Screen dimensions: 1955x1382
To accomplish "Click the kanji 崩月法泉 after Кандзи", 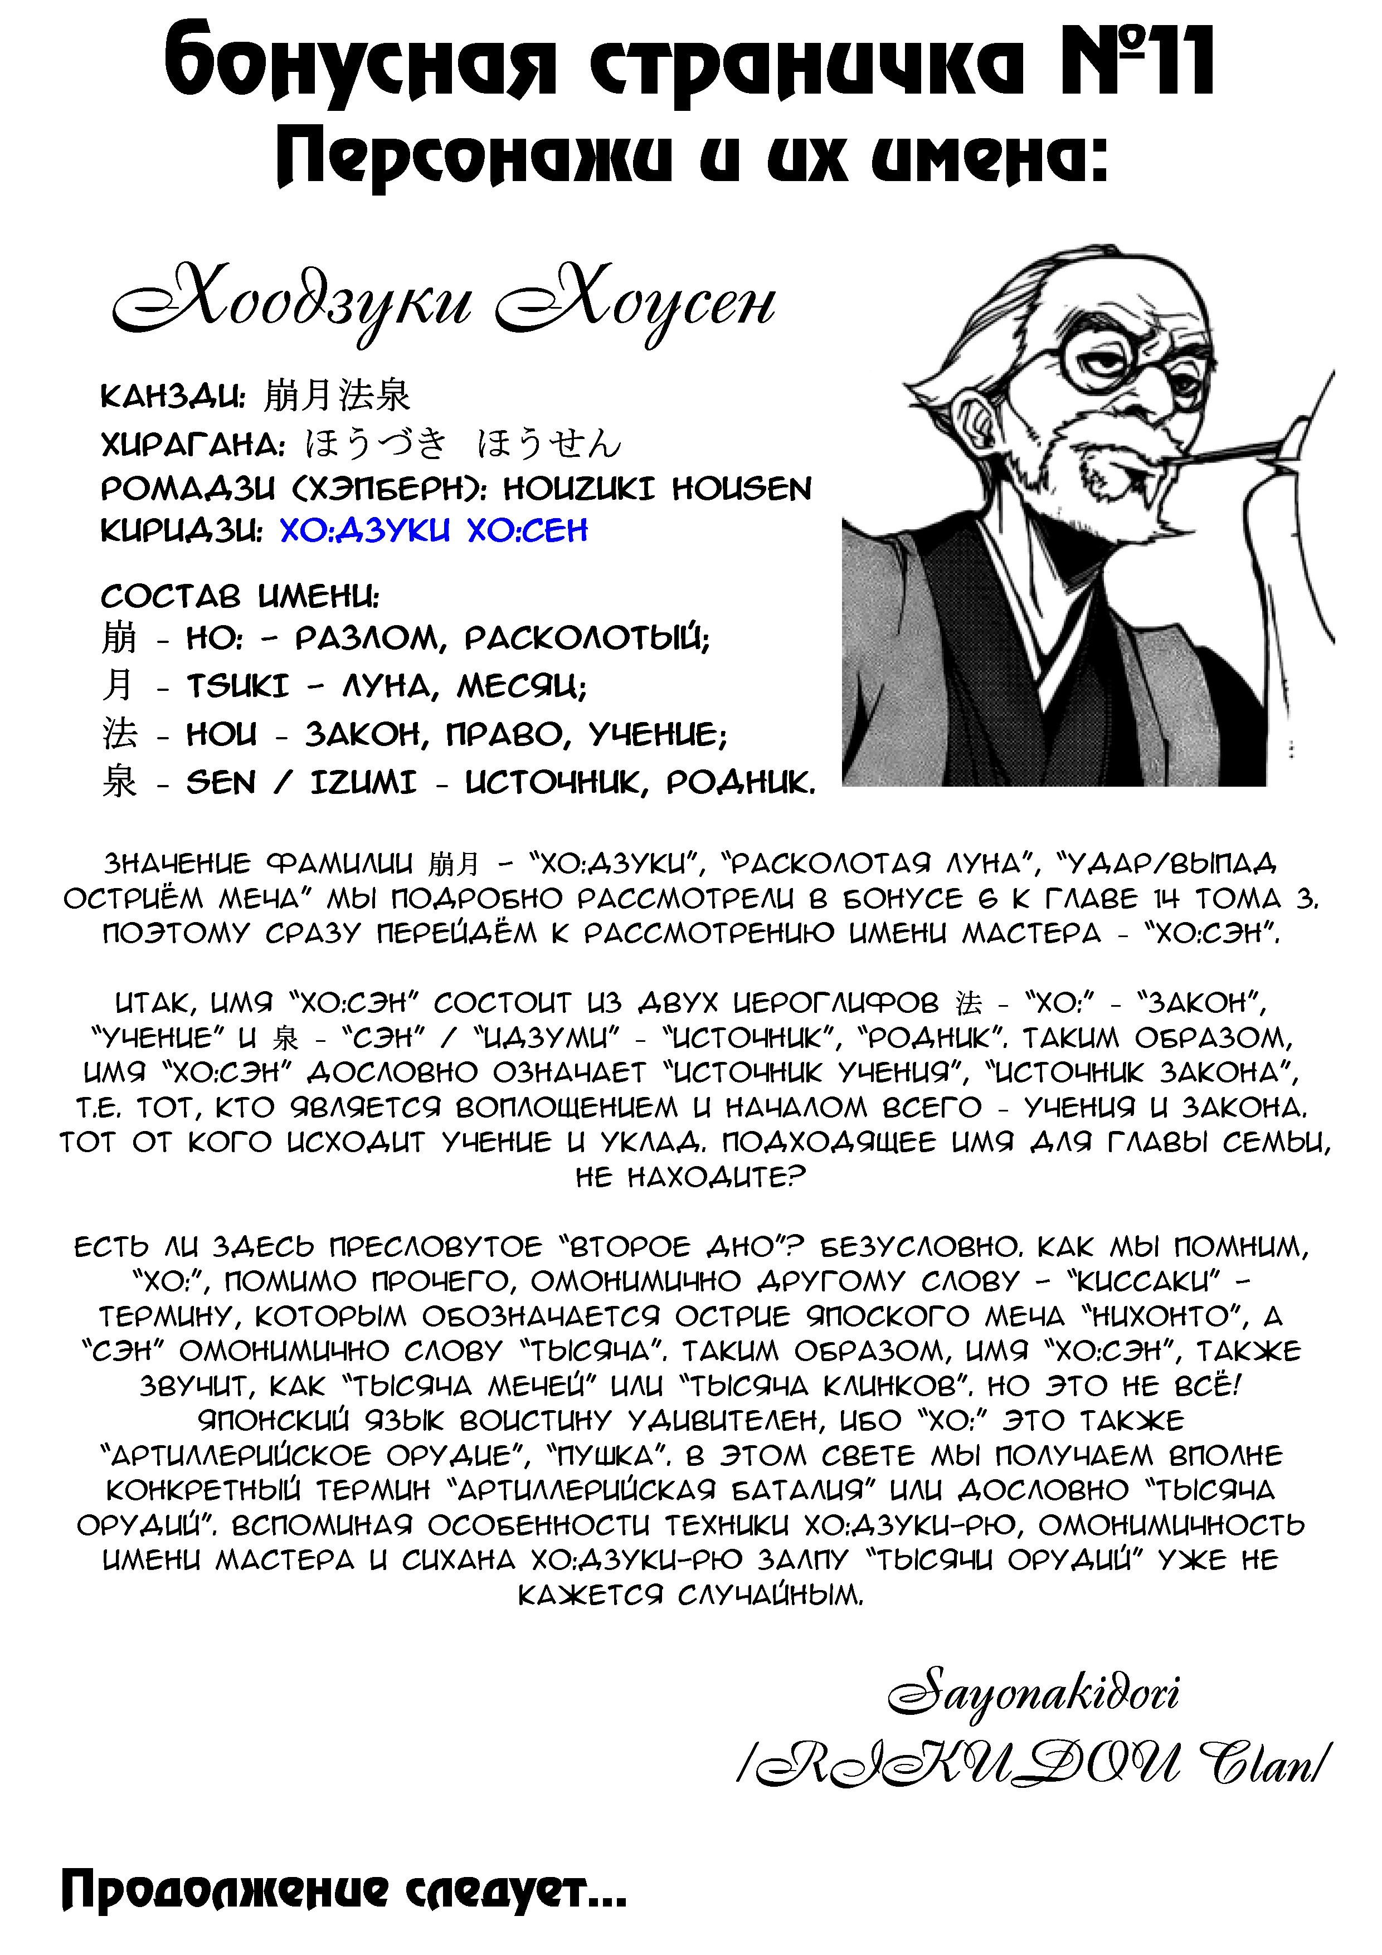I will [337, 395].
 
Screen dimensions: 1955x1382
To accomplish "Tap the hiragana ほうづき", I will [374, 443].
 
